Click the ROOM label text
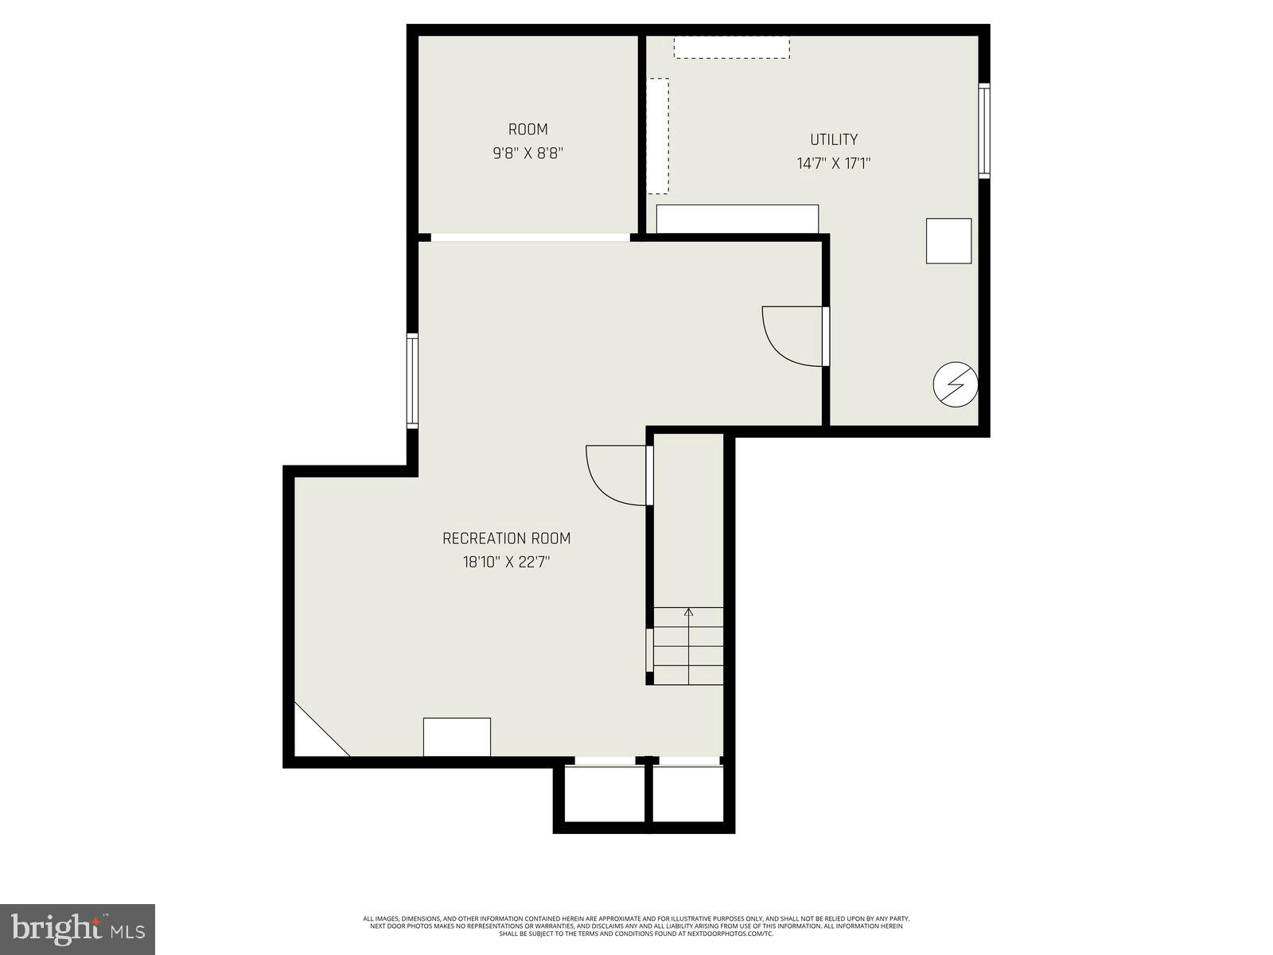[x=527, y=129]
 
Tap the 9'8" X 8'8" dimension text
[x=527, y=153]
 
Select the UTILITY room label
[x=834, y=139]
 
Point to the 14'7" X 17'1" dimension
[x=834, y=164]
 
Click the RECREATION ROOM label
[x=506, y=538]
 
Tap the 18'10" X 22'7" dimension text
[x=506, y=563]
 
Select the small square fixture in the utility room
[x=948, y=240]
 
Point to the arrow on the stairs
[x=688, y=613]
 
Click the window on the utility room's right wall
[x=984, y=131]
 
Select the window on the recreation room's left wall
[x=412, y=381]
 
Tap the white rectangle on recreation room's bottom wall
[x=457, y=737]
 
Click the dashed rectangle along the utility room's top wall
[x=731, y=47]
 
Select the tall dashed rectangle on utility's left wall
[x=657, y=135]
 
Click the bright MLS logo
[x=78, y=928]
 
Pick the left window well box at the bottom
[x=605, y=793]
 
